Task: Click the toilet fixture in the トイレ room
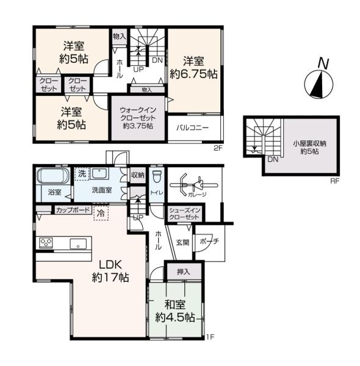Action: (x=157, y=177)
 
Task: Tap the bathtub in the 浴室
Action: (x=53, y=176)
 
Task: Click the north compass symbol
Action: (x=319, y=79)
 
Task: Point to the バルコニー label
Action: (x=192, y=128)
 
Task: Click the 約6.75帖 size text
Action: (x=193, y=74)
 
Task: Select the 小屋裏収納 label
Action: (x=309, y=143)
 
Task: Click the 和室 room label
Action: (x=175, y=305)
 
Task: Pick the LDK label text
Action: (x=110, y=265)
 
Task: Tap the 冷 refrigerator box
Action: (x=101, y=213)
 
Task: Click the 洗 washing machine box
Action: (x=82, y=174)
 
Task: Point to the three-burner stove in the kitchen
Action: (x=46, y=243)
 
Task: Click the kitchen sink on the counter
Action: (x=78, y=244)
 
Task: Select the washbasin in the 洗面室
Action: (x=99, y=174)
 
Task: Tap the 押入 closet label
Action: (x=184, y=271)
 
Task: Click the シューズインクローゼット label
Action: (x=184, y=213)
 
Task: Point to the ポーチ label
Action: (x=209, y=242)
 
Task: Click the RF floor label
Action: (x=334, y=181)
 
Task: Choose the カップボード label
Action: (x=73, y=210)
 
